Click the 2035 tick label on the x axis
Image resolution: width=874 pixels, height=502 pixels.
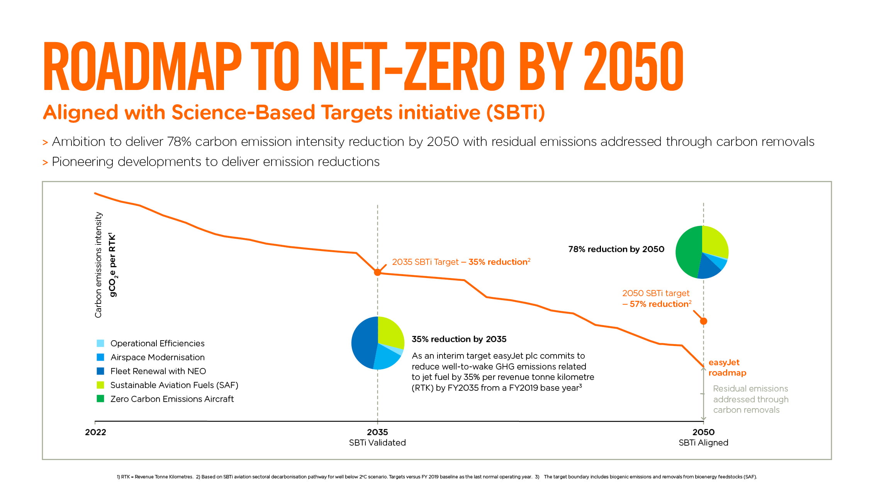pos(377,432)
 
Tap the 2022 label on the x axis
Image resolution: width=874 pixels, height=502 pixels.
pos(95,432)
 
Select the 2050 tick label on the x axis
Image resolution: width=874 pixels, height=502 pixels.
pos(703,432)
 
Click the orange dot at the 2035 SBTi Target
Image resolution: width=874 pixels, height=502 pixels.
pos(378,272)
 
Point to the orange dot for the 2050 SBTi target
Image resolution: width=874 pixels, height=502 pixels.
pos(704,321)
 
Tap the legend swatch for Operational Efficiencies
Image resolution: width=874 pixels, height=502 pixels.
pos(100,343)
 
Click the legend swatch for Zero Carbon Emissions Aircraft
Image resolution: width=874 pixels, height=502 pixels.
pos(100,399)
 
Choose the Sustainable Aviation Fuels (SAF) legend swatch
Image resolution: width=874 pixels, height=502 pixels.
pos(100,385)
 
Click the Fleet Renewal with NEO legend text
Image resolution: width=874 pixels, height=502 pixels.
pos(158,371)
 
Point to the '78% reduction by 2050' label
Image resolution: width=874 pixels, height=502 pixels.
pos(616,249)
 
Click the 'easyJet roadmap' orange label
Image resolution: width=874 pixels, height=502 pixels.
pos(727,367)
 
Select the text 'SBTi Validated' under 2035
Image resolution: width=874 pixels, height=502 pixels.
pos(377,443)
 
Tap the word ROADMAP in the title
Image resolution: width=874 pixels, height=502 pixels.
pos(142,66)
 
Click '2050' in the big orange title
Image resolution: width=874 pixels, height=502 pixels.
pos(633,66)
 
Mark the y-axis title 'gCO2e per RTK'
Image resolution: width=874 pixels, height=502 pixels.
pos(112,265)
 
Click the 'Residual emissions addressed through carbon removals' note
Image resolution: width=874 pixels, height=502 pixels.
pos(750,399)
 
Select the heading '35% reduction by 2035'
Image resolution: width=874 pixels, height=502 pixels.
pos(459,339)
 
